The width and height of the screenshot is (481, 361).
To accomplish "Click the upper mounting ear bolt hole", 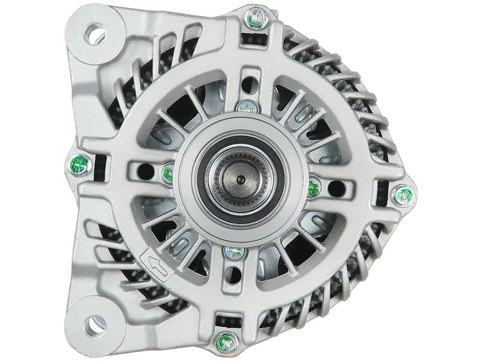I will [x=95, y=34].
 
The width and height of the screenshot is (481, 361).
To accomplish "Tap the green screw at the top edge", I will [x=254, y=19].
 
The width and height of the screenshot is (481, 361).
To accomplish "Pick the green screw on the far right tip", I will [x=404, y=196].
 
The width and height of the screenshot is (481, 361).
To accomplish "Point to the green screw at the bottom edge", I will [x=225, y=343].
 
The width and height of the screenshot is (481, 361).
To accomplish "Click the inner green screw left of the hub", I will [x=168, y=173].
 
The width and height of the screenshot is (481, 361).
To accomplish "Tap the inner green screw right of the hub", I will [x=314, y=187].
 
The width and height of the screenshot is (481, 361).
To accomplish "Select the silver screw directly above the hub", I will [x=247, y=106].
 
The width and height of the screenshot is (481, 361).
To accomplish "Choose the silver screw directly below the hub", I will [x=235, y=252].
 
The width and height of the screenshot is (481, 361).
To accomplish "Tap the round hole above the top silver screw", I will [x=249, y=84].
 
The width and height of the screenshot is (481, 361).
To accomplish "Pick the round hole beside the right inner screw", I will [x=337, y=189].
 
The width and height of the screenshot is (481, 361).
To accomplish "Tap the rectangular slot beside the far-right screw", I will [x=382, y=193].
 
